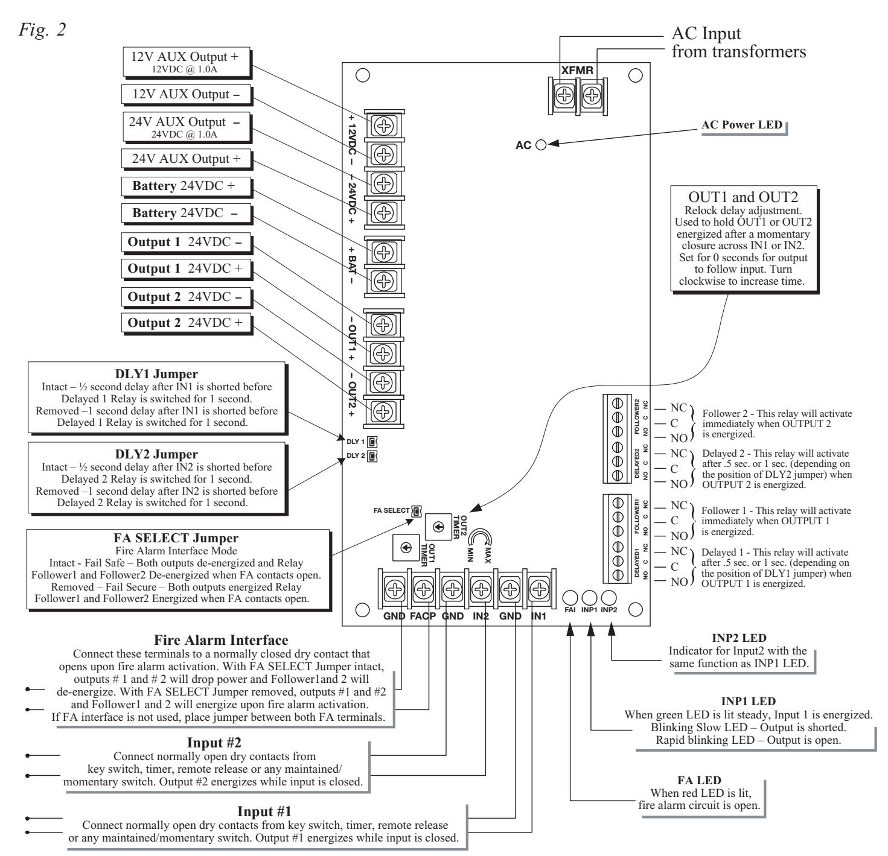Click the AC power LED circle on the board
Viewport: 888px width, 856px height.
(x=541, y=145)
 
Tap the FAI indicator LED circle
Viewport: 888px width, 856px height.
(x=570, y=597)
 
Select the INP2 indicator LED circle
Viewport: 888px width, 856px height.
(x=609, y=597)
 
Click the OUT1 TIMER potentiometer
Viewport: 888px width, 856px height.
(x=406, y=547)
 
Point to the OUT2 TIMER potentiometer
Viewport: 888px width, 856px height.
(x=438, y=527)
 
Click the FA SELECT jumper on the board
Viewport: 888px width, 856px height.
(x=416, y=511)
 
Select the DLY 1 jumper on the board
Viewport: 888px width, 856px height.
(x=372, y=442)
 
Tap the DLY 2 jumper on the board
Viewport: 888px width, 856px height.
(x=372, y=455)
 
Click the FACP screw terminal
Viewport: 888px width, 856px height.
(x=423, y=589)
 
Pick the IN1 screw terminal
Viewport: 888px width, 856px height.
(x=539, y=589)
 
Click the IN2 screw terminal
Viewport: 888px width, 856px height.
(x=481, y=589)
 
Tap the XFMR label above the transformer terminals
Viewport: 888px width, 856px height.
(x=577, y=70)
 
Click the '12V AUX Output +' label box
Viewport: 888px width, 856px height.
(x=186, y=62)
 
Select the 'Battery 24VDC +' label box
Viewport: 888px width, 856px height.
(x=186, y=186)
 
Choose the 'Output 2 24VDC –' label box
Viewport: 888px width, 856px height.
(x=186, y=297)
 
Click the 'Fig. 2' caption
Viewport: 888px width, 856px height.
(x=42, y=30)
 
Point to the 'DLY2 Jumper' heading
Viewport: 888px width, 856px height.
(x=156, y=454)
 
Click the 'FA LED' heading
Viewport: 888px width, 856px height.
(x=699, y=781)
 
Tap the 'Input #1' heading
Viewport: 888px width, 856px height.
(x=264, y=811)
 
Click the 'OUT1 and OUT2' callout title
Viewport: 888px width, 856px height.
(x=743, y=197)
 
